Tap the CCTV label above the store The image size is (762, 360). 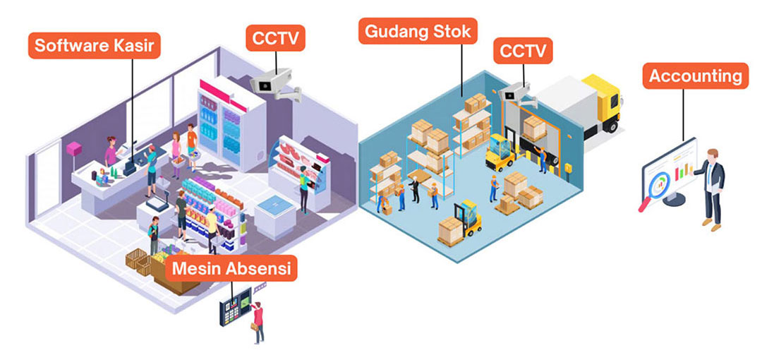275,37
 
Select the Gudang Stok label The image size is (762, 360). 418,31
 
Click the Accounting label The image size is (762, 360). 695,76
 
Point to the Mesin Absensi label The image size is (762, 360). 232,268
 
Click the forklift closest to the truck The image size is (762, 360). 500,153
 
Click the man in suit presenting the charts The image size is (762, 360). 711,187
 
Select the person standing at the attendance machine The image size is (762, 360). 259,321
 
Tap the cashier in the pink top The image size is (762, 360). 111,151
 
